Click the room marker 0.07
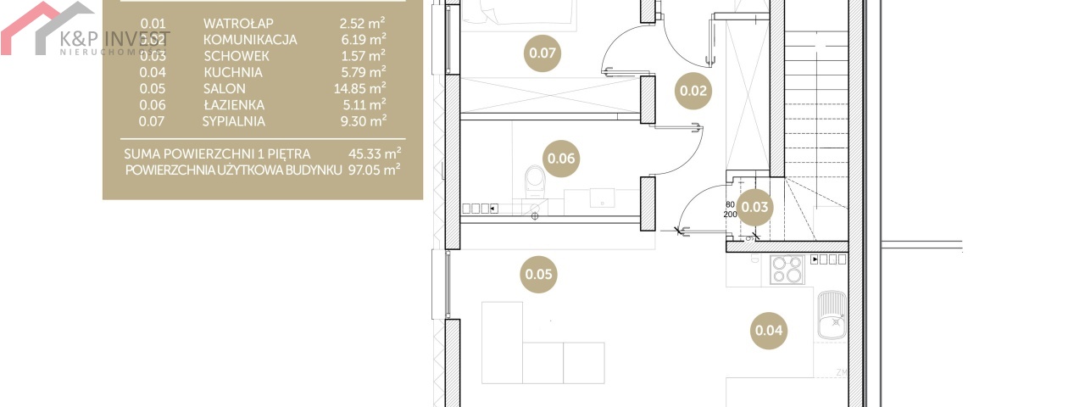click(542, 53)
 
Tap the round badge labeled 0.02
click(693, 92)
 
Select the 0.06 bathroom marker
click(561, 158)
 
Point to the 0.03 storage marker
click(754, 207)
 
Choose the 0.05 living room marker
click(538, 274)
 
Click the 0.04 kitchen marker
click(769, 331)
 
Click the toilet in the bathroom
click(535, 181)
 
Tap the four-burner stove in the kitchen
click(786, 269)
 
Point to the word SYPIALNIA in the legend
click(233, 121)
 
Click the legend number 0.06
click(153, 105)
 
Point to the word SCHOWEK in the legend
click(236, 56)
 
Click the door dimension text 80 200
click(730, 209)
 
